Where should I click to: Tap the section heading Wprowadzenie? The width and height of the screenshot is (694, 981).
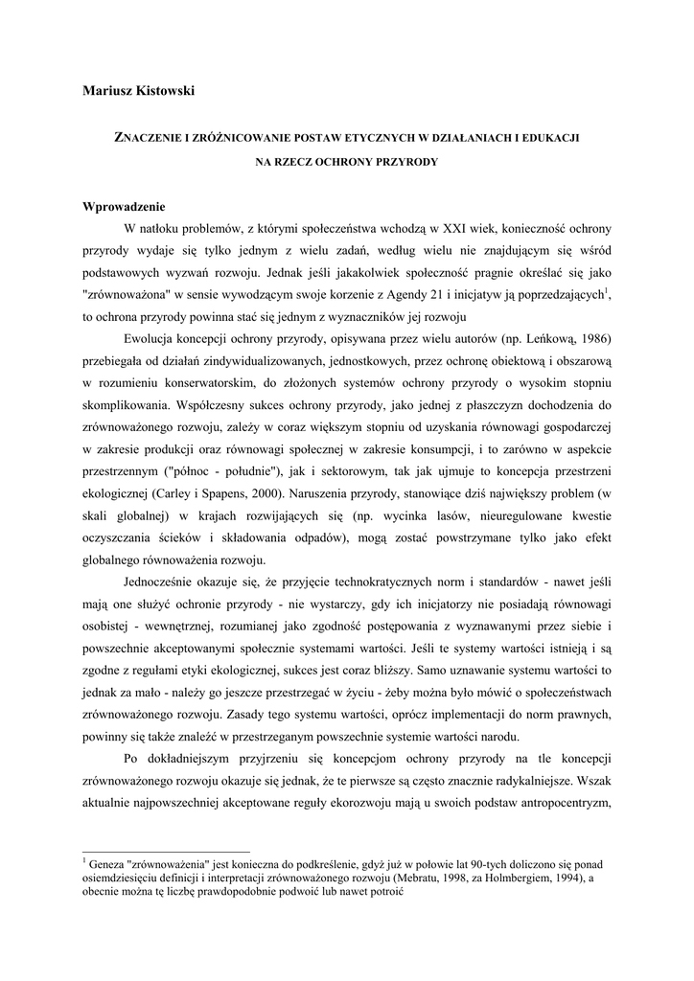click(125, 207)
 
